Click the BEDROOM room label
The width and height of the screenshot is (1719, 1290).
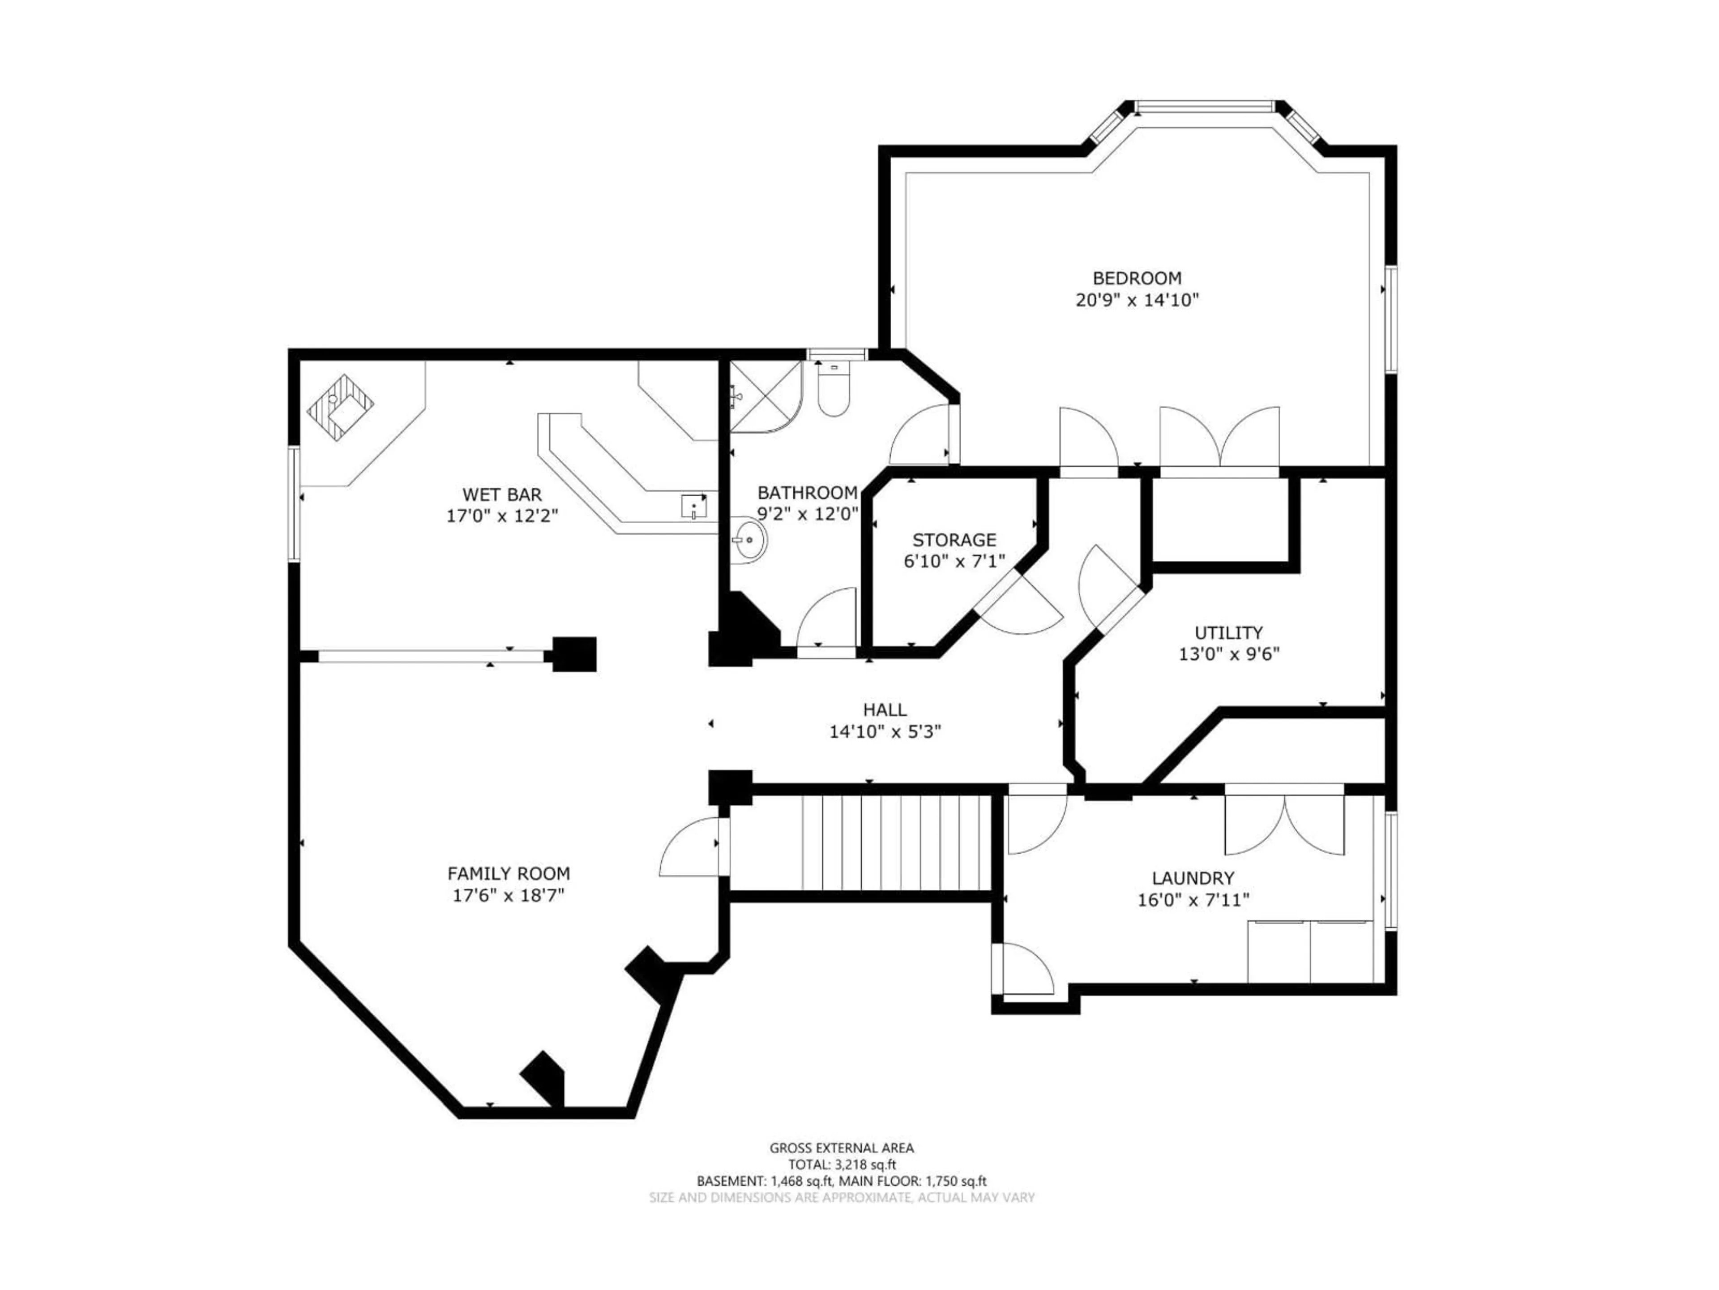pyautogui.click(x=1137, y=278)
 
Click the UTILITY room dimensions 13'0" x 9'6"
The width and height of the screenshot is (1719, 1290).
pyautogui.click(x=1229, y=654)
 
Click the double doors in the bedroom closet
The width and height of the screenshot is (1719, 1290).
pyautogui.click(x=1219, y=439)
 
